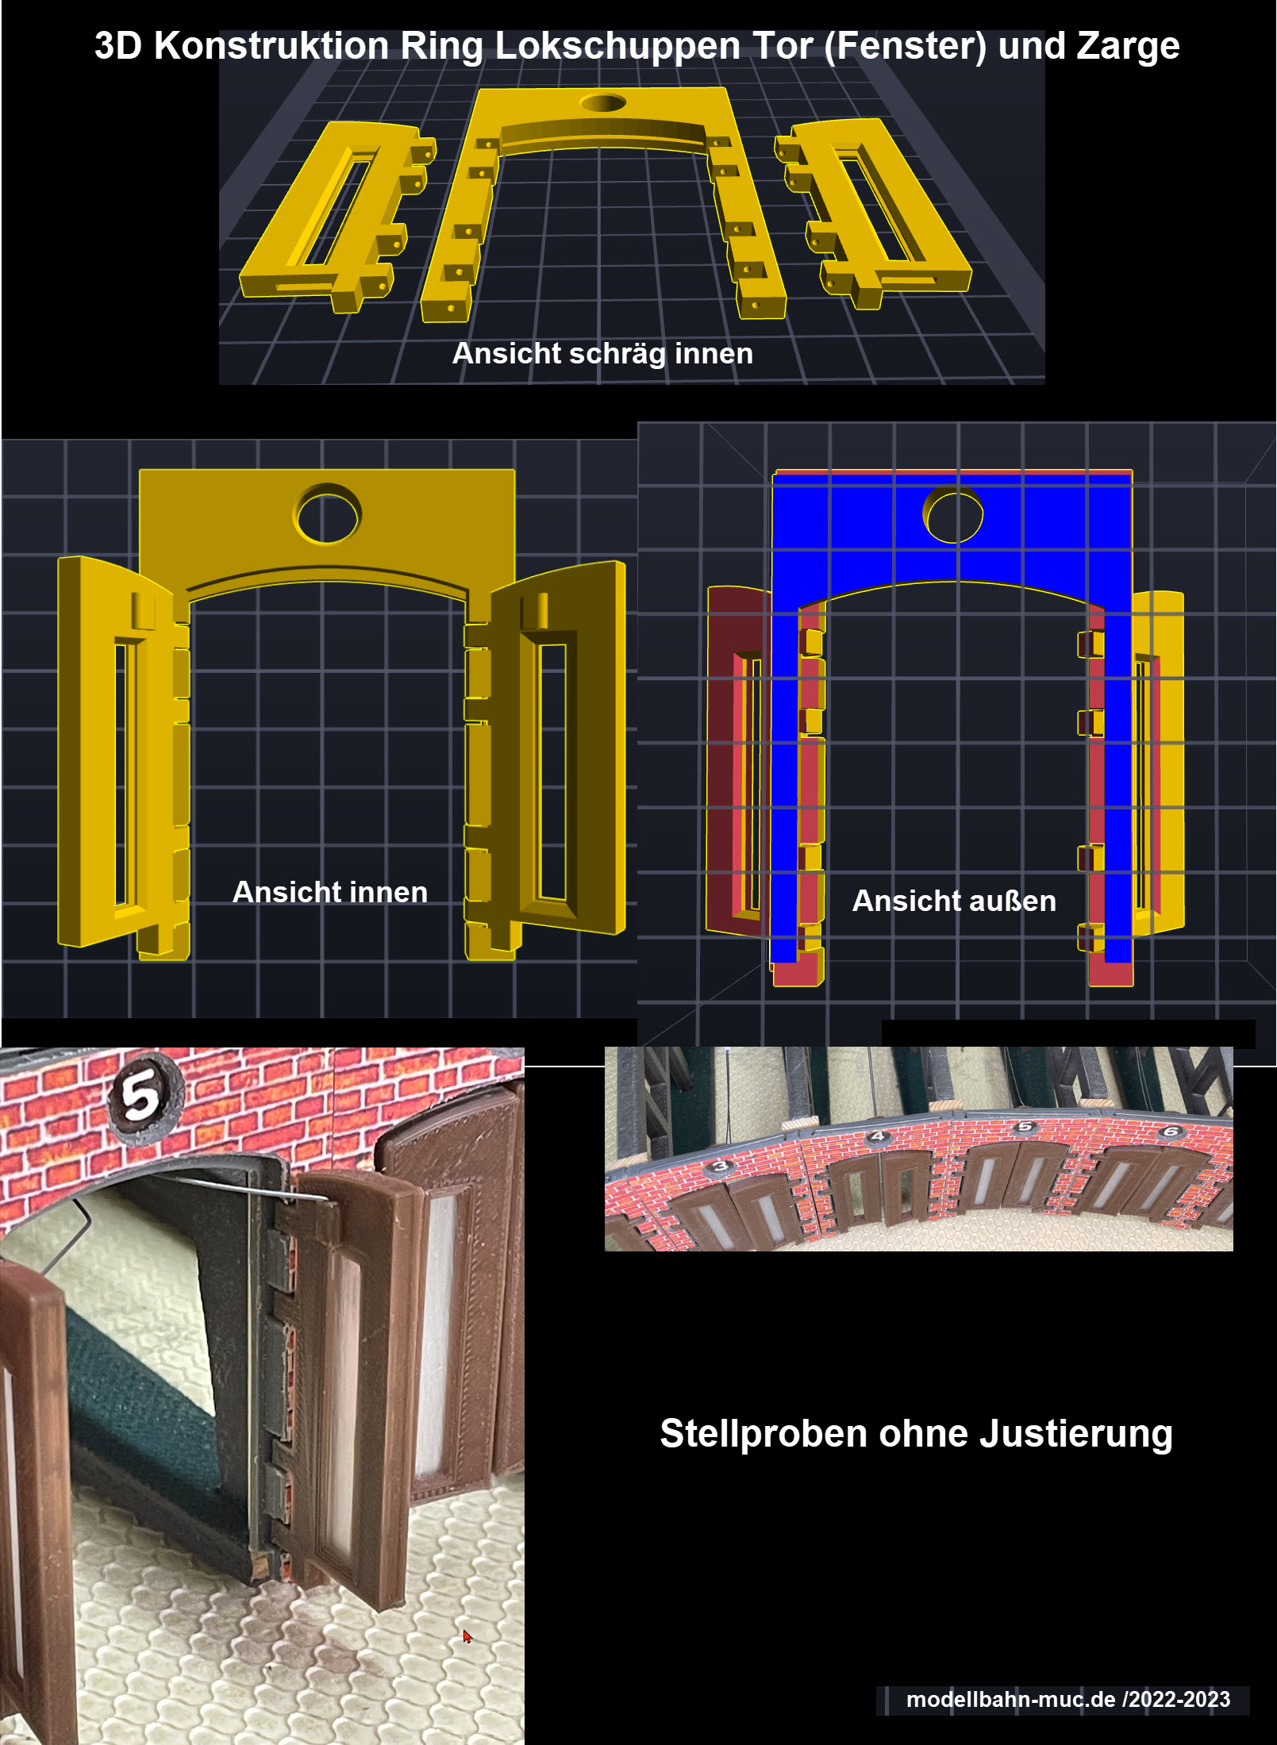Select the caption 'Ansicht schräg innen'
602,354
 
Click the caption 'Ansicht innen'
330,892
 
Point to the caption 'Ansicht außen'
954,901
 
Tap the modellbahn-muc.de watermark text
1068,1699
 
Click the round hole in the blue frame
952,516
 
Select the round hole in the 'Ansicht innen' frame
327,514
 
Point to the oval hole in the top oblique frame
603,103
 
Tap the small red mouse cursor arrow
467,1636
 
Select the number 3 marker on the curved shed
720,1166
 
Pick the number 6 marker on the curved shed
1171,1131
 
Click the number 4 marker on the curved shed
877,1136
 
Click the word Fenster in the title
906,46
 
